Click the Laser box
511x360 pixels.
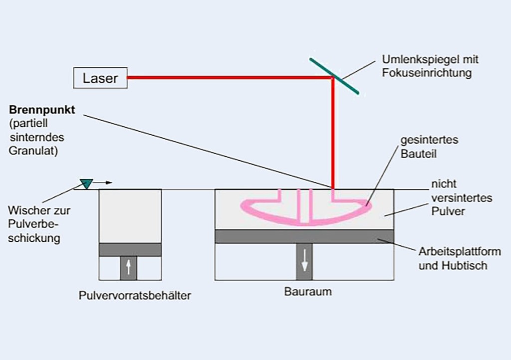click(100, 78)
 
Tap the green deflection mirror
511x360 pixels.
click(334, 76)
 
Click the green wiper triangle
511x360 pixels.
click(86, 184)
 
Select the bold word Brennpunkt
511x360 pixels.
click(42, 110)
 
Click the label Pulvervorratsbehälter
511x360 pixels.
click(135, 295)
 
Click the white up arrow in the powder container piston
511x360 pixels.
click(128, 268)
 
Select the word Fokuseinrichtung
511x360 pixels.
click(427, 73)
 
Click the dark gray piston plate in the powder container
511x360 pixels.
click(130, 249)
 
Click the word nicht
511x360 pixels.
click(444, 184)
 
